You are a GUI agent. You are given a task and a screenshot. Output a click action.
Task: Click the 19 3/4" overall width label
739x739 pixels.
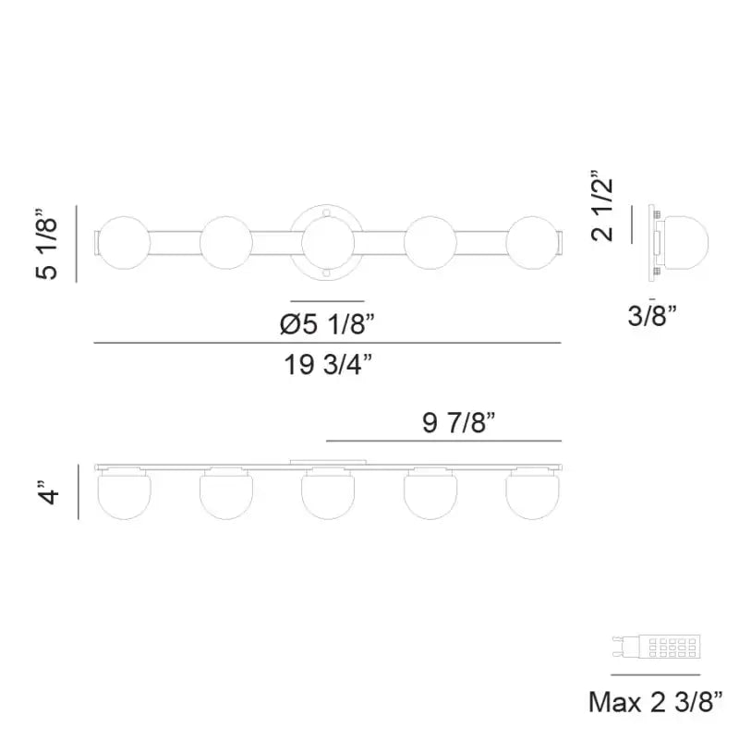[328, 366]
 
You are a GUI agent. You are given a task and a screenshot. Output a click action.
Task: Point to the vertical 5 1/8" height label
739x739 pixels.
[49, 245]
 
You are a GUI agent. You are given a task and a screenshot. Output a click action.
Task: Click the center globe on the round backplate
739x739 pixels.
[328, 244]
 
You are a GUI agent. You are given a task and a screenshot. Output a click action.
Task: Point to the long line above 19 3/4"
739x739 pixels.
[328, 344]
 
